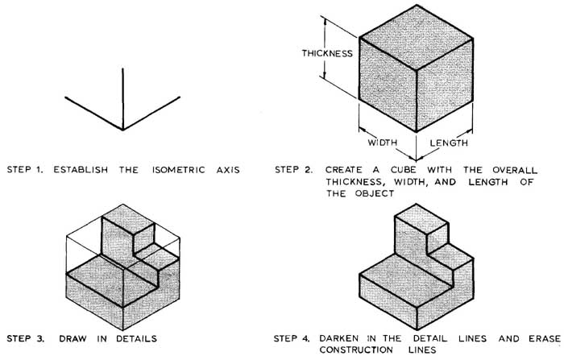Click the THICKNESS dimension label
pos(327,54)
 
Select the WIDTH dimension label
pos(384,143)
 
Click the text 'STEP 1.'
pos(27,170)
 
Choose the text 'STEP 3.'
pos(27,339)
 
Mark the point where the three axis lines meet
pos(122,129)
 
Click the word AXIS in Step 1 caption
pos(226,170)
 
